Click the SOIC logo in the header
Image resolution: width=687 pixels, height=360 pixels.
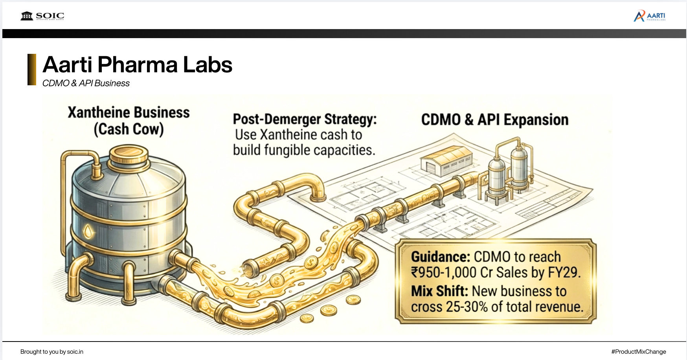tap(42, 16)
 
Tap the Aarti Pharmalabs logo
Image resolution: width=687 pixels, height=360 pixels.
tap(649, 16)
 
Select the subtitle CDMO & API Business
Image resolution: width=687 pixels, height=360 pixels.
tap(86, 83)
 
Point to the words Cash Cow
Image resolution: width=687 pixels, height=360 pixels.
tap(129, 129)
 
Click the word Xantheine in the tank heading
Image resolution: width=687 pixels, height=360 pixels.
tap(99, 112)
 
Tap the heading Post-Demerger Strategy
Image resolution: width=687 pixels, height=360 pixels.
tap(305, 119)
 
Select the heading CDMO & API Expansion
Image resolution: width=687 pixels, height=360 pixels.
tap(495, 120)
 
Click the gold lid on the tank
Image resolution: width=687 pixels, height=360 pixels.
tap(129, 155)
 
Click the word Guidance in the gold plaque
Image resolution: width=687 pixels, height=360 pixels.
tap(440, 257)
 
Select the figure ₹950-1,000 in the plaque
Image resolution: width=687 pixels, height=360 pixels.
tap(444, 273)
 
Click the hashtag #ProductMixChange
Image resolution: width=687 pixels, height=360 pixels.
tap(639, 352)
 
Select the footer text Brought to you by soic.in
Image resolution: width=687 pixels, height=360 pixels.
tap(52, 352)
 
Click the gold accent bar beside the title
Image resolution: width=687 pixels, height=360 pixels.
tap(31, 70)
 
